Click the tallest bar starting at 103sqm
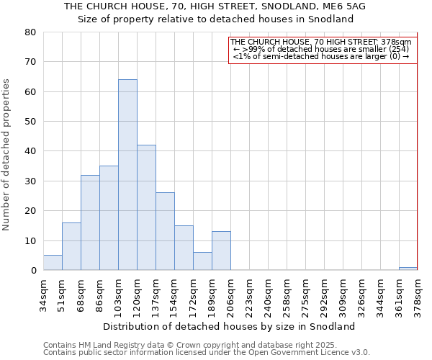[127, 175]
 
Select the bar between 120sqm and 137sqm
[146, 207]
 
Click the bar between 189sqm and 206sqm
[221, 251]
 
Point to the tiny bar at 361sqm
[408, 269]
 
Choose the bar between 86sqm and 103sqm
[109, 218]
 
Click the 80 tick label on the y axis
[30, 32]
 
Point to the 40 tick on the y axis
[30, 151]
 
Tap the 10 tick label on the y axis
[30, 240]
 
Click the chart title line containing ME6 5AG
[215, 6]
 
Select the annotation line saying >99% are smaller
[320, 49]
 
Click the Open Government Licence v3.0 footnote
[206, 353]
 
